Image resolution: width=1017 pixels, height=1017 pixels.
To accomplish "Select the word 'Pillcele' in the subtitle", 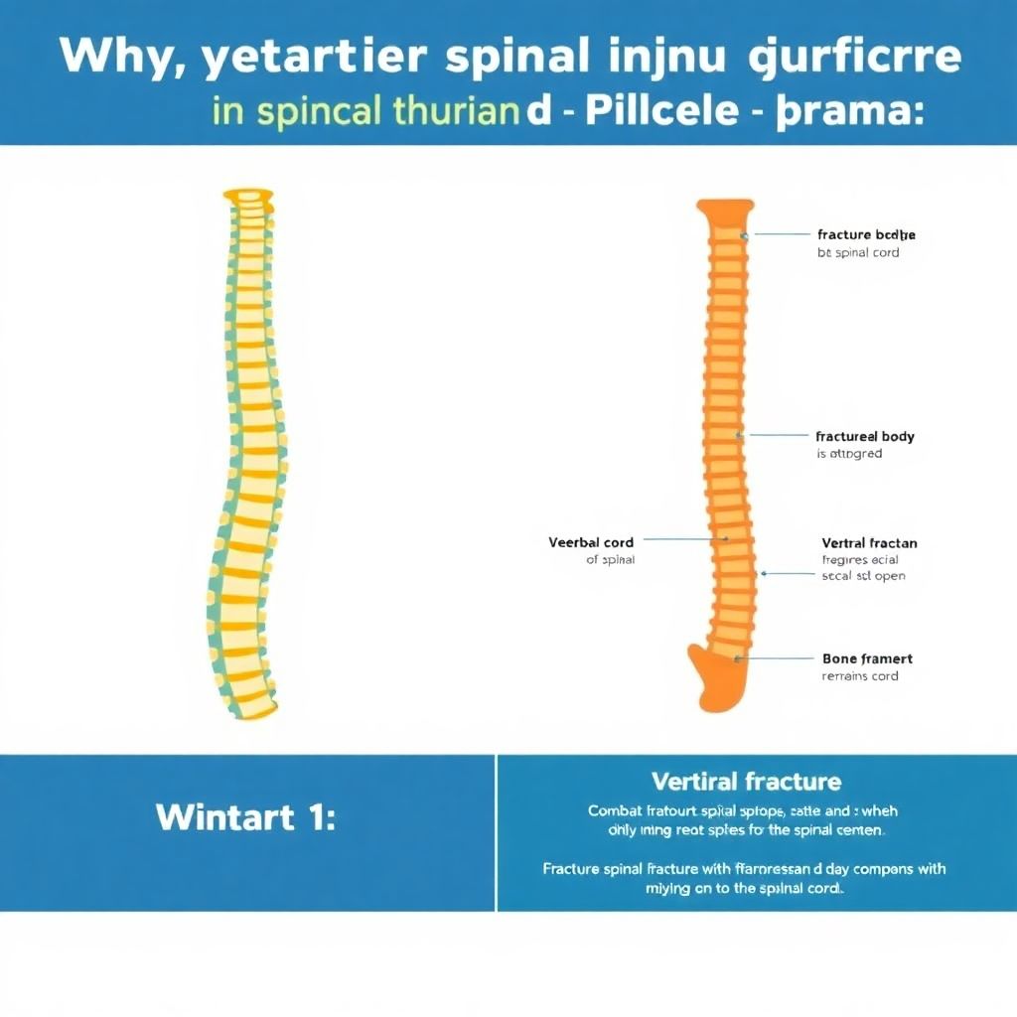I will tap(661, 109).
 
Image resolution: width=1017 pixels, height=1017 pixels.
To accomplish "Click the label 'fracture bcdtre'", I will tap(866, 235).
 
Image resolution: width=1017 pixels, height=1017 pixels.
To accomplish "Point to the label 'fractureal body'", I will tap(864, 436).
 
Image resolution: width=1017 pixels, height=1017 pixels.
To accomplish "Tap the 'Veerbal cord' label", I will tap(591, 542).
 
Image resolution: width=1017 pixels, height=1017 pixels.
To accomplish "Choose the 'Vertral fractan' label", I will tap(869, 543).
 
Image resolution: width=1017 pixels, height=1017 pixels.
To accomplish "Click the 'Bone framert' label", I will tap(867, 658).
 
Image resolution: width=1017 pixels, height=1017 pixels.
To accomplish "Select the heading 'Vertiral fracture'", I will tap(746, 782).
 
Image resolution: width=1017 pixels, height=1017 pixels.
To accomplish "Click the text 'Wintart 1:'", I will tap(245, 817).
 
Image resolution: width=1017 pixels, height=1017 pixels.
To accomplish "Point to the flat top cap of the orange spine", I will tap(724, 208).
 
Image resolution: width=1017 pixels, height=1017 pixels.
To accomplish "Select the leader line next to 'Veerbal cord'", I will tap(685, 541).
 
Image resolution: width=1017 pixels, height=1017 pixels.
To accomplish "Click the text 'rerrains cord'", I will tap(860, 676).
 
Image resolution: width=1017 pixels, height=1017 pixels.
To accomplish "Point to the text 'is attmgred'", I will tap(849, 454).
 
